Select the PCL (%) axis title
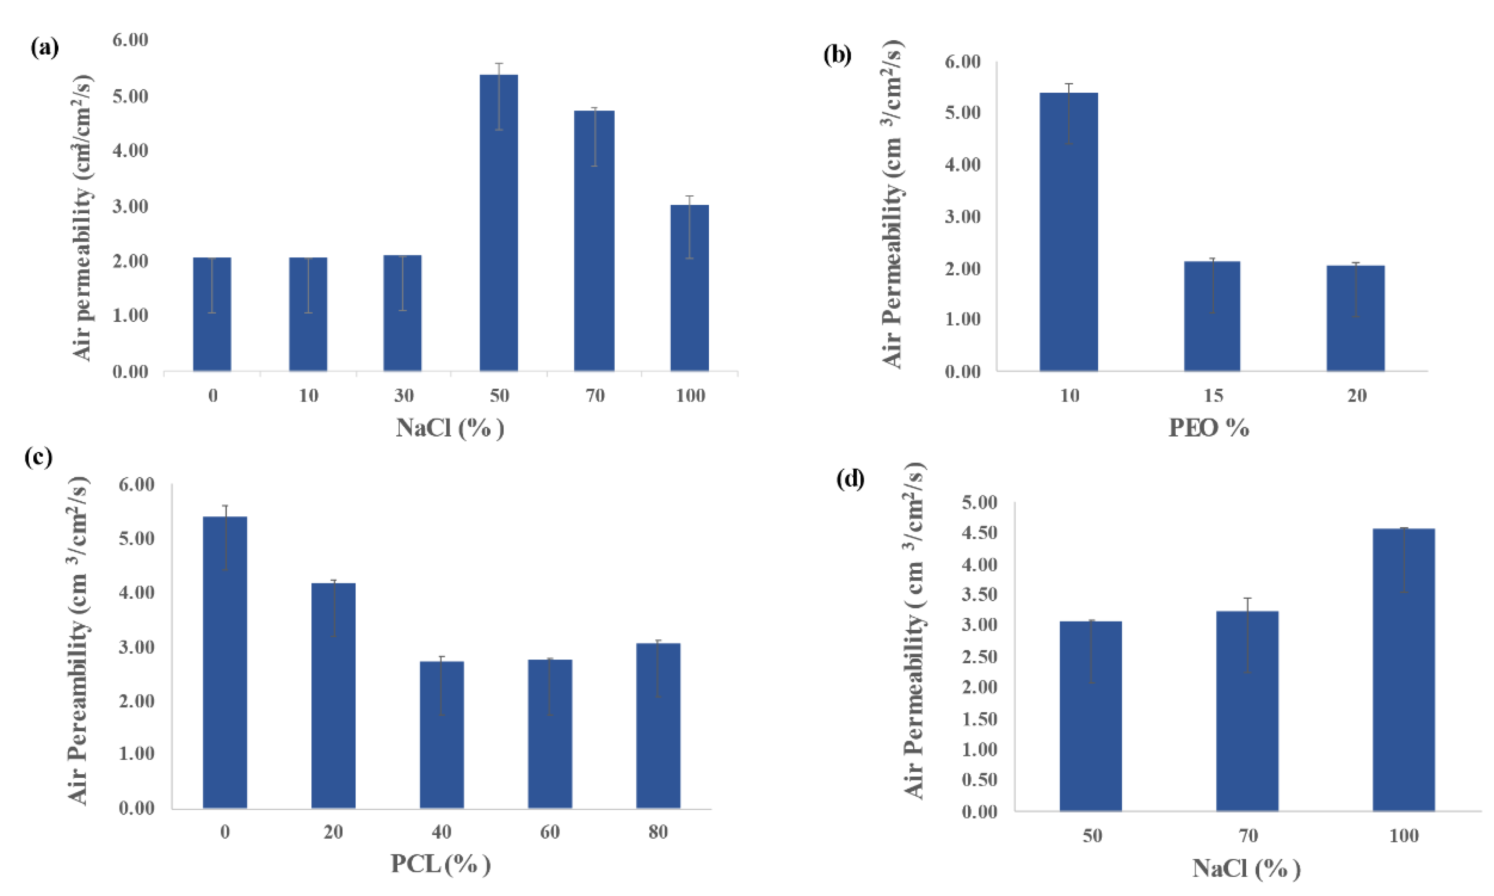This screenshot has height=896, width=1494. click(x=440, y=864)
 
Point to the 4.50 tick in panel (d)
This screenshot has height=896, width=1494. click(x=980, y=533)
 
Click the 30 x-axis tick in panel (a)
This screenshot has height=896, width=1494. click(x=404, y=396)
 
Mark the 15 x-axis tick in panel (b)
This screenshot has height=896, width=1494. click(x=1213, y=396)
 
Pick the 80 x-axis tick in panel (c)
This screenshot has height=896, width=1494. click(x=658, y=833)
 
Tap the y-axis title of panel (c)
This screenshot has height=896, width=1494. click(x=78, y=640)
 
